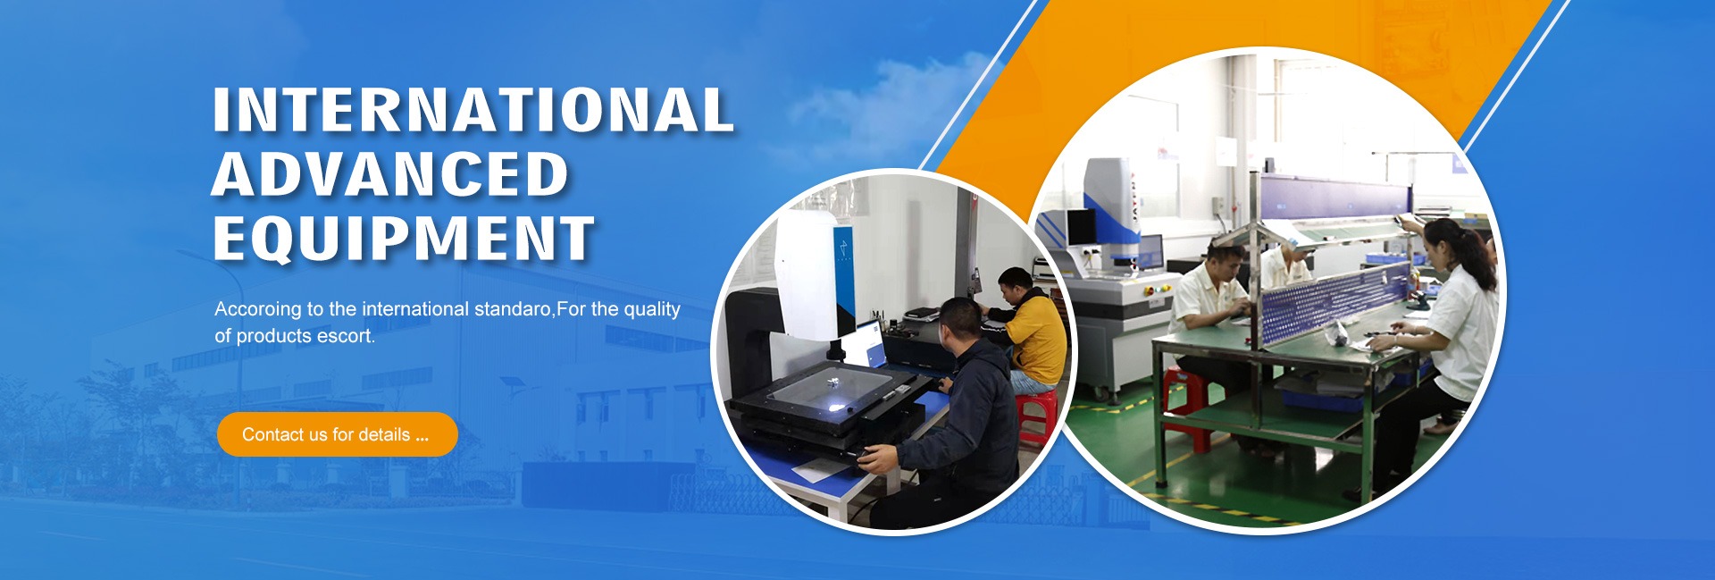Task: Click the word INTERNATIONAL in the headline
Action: click(x=473, y=110)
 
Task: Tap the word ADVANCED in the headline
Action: click(x=390, y=174)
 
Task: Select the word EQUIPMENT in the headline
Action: click(x=404, y=239)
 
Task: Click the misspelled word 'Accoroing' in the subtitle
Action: click(x=258, y=309)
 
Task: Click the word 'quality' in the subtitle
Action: click(x=652, y=309)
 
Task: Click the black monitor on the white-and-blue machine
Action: click(x=1082, y=227)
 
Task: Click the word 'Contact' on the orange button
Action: click(x=272, y=435)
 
